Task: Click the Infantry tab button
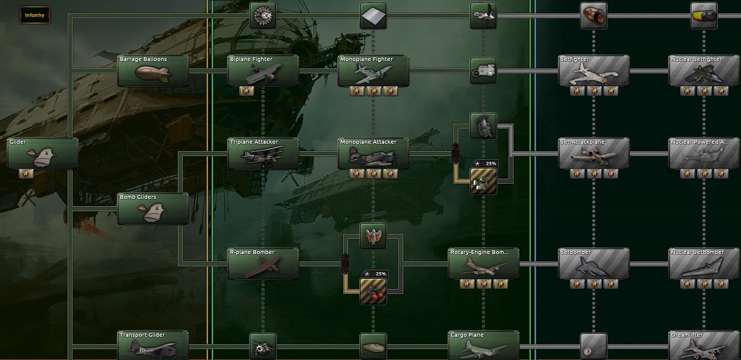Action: tap(35, 15)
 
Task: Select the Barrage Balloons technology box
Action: tap(153, 71)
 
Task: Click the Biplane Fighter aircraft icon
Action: tap(263, 74)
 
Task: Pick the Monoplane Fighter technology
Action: tap(373, 71)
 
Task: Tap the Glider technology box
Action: tap(43, 154)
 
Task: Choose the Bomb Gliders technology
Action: tap(153, 209)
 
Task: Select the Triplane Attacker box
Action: tap(263, 154)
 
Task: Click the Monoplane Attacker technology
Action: tap(373, 154)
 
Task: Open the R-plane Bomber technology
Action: tap(263, 264)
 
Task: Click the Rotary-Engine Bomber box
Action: tap(484, 264)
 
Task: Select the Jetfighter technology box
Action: tap(594, 71)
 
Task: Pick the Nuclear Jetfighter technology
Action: tap(704, 71)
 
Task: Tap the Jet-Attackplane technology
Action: tap(594, 154)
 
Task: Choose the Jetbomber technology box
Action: tap(594, 264)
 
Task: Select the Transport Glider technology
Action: tap(153, 345)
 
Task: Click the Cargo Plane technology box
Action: tap(484, 345)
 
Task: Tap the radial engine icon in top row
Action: tap(263, 16)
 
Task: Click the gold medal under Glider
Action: tap(26, 174)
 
